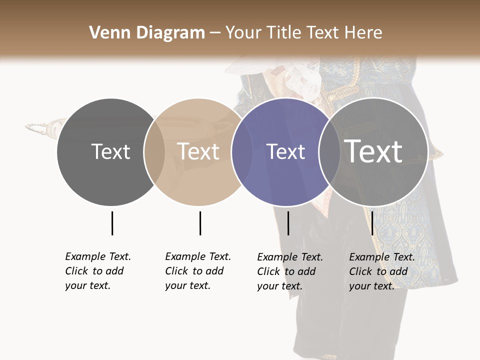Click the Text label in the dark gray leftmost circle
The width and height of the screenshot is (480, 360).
[110, 151]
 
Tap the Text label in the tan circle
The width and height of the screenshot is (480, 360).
[198, 151]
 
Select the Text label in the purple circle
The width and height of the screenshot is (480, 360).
[285, 151]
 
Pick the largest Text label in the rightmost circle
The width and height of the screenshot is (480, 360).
[373, 151]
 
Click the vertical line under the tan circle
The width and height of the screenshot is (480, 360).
[200, 223]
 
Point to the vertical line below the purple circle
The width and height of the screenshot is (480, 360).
[288, 223]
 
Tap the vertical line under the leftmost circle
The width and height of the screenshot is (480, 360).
[112, 223]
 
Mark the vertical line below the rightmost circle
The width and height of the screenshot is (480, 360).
[372, 223]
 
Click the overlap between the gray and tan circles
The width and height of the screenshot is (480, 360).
[154, 151]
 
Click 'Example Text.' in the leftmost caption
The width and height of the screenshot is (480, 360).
[98, 256]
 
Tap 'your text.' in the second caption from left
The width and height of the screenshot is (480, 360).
[187, 285]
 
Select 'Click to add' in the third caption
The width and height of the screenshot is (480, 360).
[286, 271]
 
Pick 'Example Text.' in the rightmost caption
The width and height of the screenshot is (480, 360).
[382, 257]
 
